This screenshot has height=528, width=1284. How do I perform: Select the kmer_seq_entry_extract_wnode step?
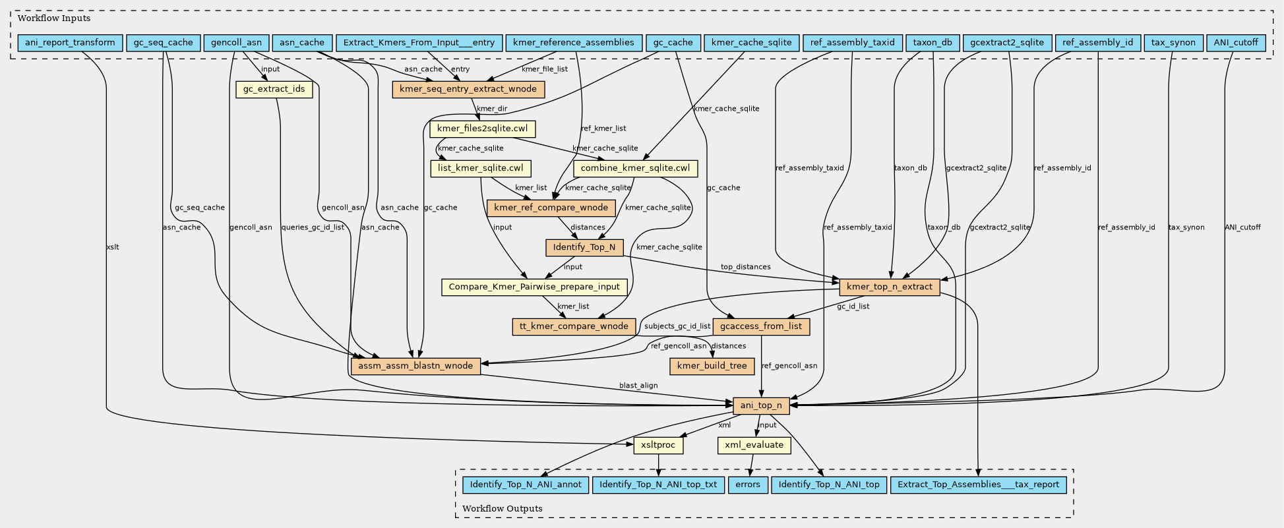pos(468,89)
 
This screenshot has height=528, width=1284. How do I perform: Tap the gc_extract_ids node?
pos(274,89)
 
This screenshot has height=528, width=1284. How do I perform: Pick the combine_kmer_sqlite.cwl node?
pos(636,168)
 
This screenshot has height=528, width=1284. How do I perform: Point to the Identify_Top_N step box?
pos(584,247)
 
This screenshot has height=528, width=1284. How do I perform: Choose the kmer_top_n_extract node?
pos(889,287)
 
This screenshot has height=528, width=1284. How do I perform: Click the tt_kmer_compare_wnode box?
pos(574,326)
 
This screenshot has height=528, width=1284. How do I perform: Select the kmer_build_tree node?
pos(712,366)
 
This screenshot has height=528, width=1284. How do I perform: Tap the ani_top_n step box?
pos(761,405)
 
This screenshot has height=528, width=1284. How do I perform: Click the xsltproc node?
pos(657,445)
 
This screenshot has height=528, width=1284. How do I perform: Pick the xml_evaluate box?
pos(754,445)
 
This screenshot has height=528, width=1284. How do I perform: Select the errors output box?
pos(748,484)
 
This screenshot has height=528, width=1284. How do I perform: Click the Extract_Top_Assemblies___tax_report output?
pos(978,484)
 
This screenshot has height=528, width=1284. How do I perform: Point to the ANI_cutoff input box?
pos(1235,43)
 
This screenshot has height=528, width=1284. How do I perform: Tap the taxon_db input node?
pos(932,43)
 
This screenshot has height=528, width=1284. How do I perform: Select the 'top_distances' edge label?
pos(745,267)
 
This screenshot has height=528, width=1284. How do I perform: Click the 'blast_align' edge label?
pos(638,386)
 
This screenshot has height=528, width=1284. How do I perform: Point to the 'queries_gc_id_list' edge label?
pos(313,227)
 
